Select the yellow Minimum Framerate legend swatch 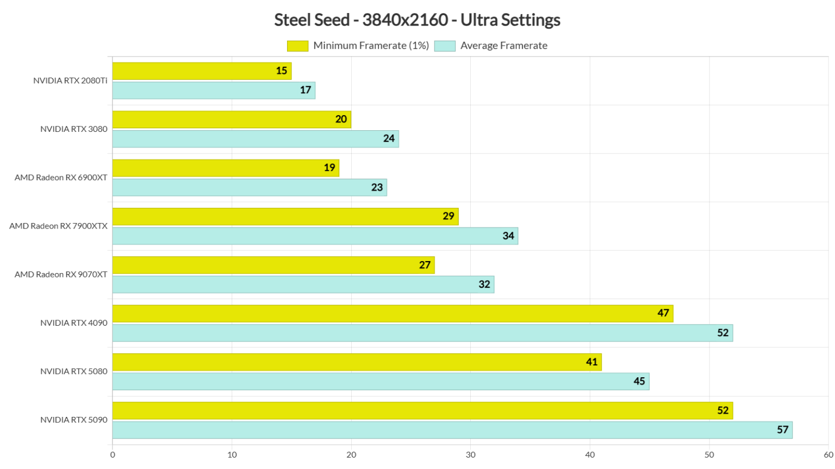tap(297, 46)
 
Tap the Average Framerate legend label tap(503, 46)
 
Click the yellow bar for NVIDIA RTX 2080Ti tap(201, 71)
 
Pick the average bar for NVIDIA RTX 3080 tap(256, 139)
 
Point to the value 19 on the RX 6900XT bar tap(329, 168)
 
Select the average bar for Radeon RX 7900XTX tap(315, 236)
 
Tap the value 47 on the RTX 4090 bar tap(663, 313)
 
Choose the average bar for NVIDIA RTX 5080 tap(381, 382)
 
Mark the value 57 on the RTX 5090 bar tap(782, 430)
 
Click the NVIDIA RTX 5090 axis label tap(74, 420)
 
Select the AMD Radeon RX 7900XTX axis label tap(58, 226)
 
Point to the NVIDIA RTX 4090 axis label tap(74, 323)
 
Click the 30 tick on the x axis tap(470, 455)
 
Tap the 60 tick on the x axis tap(828, 455)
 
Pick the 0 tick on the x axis tap(113, 455)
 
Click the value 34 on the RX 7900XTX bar tap(508, 236)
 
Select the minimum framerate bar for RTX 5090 tap(422, 410)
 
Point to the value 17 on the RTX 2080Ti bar tap(306, 90)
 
